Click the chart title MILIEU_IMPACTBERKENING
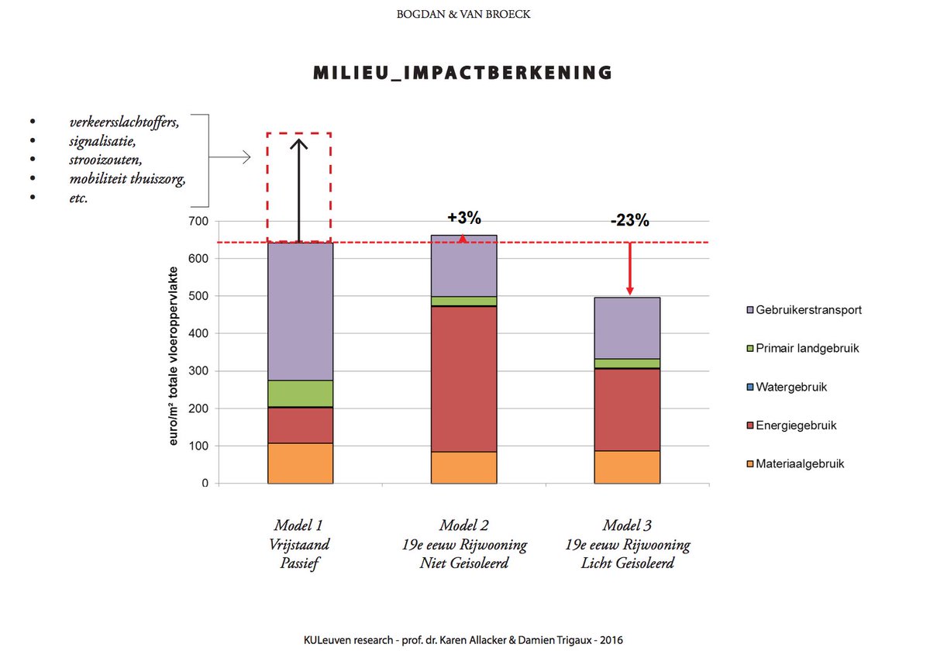click(463, 73)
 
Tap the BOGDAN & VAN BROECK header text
click(463, 14)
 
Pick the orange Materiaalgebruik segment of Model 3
click(627, 467)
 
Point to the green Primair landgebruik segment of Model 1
click(300, 393)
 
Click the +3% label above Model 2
click(463, 218)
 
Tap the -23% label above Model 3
click(629, 220)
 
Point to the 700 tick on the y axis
click(200, 222)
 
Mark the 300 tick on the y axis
click(200, 371)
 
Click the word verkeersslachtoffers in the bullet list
click(124, 122)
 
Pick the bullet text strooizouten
click(105, 160)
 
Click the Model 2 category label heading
click(463, 525)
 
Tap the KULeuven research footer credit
click(463, 640)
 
